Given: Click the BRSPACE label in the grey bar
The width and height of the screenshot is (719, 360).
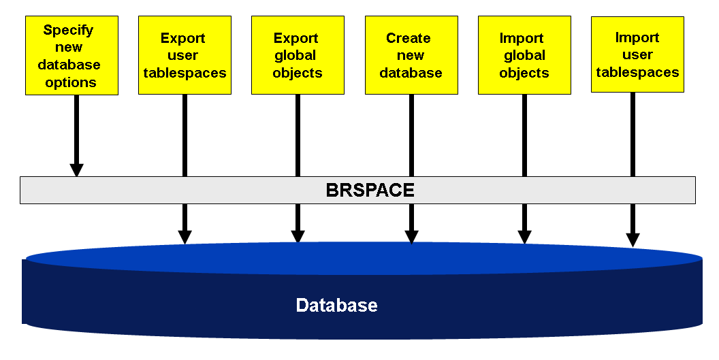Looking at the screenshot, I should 370,190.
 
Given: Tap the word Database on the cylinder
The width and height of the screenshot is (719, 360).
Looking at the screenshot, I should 336,305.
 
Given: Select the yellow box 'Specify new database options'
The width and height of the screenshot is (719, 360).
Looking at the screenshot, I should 71,56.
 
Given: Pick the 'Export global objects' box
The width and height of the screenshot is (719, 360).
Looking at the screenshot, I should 298,56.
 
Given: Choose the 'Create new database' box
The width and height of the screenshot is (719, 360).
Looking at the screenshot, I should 411,56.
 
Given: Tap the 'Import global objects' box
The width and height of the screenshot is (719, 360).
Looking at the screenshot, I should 524,56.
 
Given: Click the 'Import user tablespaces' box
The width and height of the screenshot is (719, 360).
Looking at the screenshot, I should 637,54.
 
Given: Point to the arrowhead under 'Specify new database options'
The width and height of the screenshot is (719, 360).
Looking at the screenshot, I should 77,169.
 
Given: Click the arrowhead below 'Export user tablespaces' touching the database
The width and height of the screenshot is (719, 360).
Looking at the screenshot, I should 185,236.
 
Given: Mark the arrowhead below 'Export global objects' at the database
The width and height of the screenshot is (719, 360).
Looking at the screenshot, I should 298,236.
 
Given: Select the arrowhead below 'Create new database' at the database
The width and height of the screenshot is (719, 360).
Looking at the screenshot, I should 411,236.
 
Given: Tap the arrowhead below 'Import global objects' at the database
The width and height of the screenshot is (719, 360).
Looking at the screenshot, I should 524,236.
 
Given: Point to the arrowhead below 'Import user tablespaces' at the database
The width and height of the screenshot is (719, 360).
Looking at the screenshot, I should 633,239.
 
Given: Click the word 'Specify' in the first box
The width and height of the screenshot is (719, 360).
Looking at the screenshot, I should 68,31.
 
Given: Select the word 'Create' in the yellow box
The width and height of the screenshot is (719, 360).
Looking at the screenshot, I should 409,38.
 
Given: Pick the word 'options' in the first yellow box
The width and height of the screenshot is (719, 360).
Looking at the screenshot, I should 71,82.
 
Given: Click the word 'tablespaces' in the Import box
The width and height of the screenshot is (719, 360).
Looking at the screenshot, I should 637,71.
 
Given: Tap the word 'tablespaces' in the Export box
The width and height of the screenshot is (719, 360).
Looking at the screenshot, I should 185,73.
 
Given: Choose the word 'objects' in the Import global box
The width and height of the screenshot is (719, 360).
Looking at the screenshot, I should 524,73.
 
